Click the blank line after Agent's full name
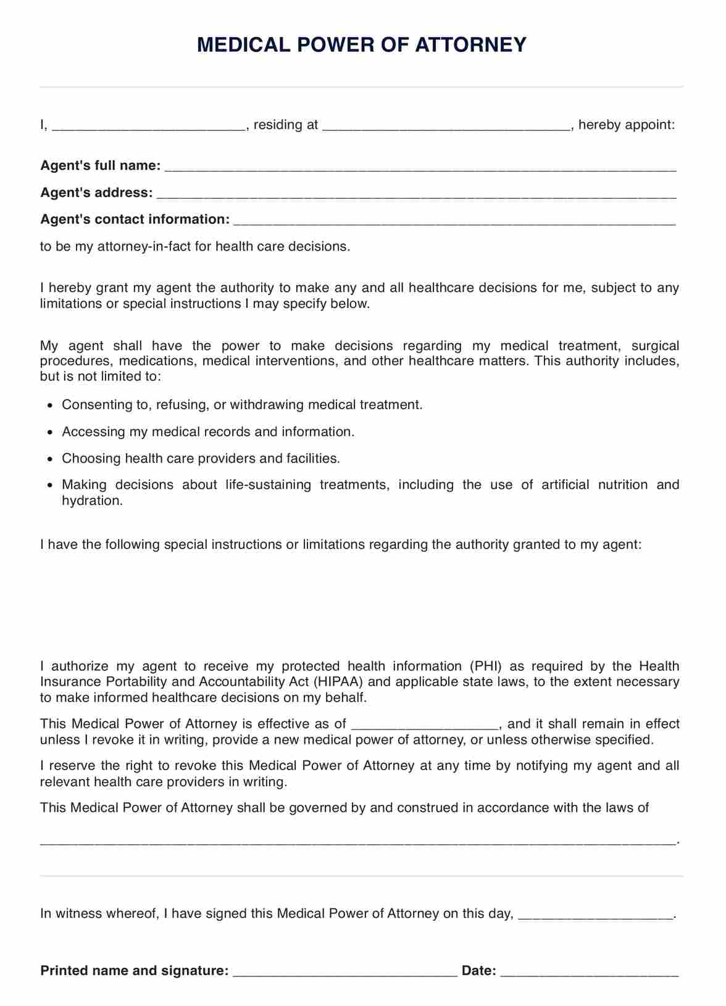[x=420, y=168]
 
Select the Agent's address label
[x=96, y=193]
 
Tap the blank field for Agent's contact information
[x=455, y=222]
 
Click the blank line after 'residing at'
[x=446, y=127]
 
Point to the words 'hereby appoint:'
[x=627, y=125]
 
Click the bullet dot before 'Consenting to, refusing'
[x=51, y=406]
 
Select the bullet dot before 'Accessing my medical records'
[x=51, y=433]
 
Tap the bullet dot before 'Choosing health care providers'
[x=51, y=459]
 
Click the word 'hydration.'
[x=93, y=501]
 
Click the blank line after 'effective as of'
[x=424, y=726]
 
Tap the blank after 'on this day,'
[x=595, y=917]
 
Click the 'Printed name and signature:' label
[x=135, y=971]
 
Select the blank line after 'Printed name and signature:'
[x=345, y=973]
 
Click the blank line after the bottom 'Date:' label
[x=590, y=973]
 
